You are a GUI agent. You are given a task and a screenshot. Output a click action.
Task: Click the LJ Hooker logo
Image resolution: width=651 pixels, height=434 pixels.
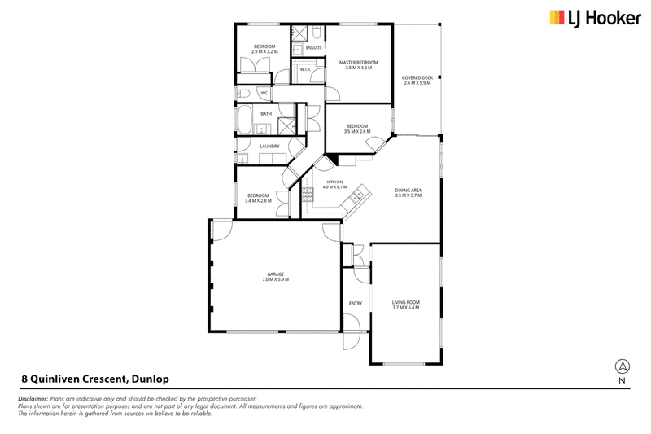[596, 19]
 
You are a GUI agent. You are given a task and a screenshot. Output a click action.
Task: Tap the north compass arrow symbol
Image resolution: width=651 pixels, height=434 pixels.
[622, 366]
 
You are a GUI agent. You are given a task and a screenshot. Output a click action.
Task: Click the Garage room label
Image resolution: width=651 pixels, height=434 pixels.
[275, 274]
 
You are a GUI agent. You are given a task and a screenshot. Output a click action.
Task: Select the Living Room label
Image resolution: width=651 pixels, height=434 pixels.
[405, 302]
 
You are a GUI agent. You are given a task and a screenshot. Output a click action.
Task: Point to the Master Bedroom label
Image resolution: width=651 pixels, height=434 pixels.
[358, 63]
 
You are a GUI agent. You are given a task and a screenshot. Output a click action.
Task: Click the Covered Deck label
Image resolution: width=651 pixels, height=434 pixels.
[417, 77]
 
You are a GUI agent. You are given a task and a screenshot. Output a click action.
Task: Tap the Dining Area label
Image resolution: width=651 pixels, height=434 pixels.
[409, 191]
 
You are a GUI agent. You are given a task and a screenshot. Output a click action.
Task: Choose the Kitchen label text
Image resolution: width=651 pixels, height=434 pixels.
[334, 182]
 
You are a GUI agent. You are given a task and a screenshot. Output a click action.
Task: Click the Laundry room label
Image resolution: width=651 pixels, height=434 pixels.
[269, 147]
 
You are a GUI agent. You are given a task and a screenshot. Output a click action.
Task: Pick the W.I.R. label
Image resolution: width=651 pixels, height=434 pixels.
[305, 69]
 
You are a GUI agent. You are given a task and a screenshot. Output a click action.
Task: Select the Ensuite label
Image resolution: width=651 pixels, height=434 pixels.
[314, 48]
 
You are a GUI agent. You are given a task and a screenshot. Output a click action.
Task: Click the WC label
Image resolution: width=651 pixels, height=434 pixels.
[264, 94]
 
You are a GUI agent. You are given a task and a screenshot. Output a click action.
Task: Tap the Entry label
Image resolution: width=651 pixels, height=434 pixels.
[356, 303]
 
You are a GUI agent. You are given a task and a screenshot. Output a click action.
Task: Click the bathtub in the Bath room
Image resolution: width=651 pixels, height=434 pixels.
[245, 119]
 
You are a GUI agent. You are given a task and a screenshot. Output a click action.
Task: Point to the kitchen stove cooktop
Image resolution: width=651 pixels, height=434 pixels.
[308, 195]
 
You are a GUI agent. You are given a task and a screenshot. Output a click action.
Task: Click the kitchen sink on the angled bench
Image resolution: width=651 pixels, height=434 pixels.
[356, 196]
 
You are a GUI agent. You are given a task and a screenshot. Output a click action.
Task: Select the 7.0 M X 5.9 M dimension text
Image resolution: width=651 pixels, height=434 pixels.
[275, 279]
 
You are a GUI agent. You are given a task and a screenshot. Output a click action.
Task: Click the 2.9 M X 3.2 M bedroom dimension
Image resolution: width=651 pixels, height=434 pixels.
[264, 51]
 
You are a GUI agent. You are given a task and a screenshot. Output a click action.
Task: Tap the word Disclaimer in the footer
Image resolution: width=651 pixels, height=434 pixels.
[33, 399]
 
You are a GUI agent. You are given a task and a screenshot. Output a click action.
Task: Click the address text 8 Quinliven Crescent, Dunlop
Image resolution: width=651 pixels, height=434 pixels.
[95, 379]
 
